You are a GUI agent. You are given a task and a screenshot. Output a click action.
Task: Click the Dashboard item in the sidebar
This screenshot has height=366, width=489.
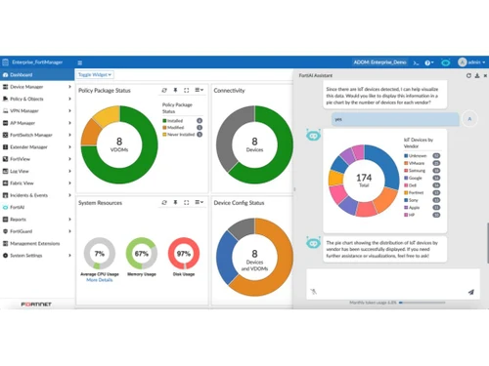coord(22,74)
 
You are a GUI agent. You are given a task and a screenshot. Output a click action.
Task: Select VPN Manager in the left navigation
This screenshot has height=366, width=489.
coord(26,111)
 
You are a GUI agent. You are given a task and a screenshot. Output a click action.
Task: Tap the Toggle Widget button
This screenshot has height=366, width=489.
coord(95,74)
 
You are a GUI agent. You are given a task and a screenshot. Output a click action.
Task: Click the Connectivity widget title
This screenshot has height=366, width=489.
coord(229,90)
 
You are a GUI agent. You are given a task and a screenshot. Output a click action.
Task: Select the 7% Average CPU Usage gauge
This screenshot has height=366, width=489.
coord(99,253)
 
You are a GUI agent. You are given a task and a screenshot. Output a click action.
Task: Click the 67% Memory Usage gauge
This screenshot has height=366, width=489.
coord(142,253)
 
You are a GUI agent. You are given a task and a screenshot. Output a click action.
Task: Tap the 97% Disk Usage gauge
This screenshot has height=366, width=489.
coord(184,253)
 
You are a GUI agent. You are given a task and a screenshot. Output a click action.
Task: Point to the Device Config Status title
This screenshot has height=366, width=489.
coord(239,203)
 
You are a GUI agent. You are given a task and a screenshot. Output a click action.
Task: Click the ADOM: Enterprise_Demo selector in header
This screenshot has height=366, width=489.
coord(378,61)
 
